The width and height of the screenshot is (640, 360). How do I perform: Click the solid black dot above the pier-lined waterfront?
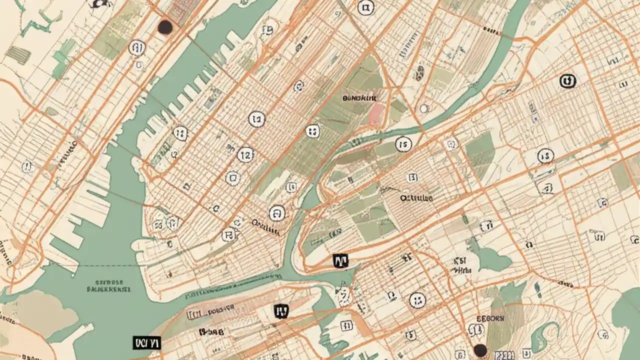[165, 27]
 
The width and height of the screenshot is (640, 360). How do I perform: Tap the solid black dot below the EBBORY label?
[480, 350]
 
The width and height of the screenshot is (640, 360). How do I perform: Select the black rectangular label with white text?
[146, 342]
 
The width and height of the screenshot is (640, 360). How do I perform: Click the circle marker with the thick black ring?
[567, 80]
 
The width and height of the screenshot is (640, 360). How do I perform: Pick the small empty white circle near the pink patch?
[424, 108]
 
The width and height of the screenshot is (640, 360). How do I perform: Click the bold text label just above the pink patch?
[360, 98]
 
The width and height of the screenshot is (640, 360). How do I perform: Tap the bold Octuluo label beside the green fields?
[416, 198]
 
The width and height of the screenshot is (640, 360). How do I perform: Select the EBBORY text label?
[490, 318]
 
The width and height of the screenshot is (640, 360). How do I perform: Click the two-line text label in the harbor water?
[108, 285]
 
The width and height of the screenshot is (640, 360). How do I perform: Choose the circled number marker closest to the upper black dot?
[136, 48]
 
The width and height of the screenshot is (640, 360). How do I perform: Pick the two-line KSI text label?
[461, 265]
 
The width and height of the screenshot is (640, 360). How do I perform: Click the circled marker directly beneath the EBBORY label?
[476, 330]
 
